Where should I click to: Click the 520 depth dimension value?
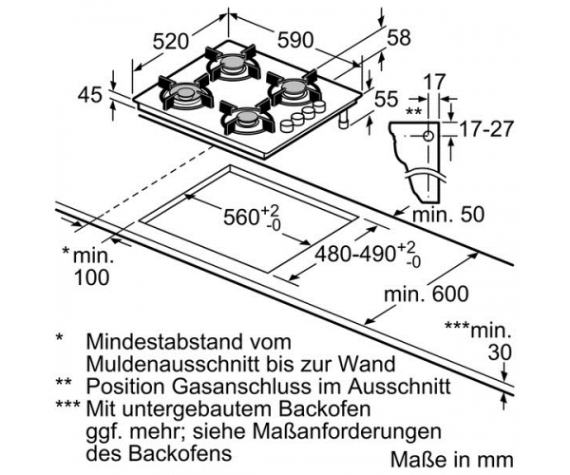(x=170, y=41)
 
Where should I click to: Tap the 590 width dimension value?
(x=295, y=40)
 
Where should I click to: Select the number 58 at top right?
(x=398, y=37)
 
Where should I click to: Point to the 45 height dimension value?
(x=90, y=95)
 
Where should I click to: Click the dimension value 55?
(x=386, y=99)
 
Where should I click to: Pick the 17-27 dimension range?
(x=486, y=128)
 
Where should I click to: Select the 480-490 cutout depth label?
(x=354, y=254)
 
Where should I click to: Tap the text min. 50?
(x=448, y=214)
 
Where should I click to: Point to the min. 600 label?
(x=427, y=294)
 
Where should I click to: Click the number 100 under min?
(x=91, y=277)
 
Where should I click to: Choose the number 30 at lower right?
(x=500, y=352)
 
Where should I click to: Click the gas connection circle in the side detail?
(x=428, y=136)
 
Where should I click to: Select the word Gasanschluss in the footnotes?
(x=241, y=387)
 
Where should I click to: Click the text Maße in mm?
(x=452, y=459)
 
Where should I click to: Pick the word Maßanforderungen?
(x=347, y=432)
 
